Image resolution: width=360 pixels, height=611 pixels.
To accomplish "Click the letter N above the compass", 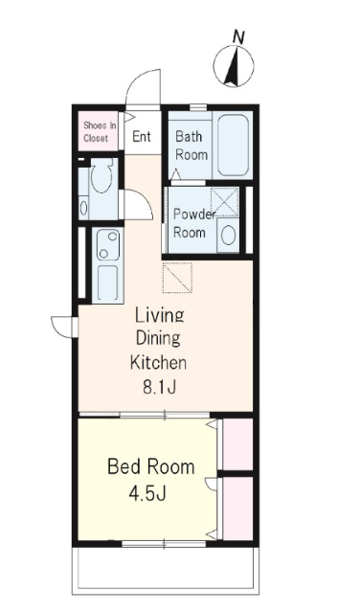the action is pyautogui.click(x=238, y=37).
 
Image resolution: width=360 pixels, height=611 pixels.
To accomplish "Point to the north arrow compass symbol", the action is pyautogui.click(x=234, y=66).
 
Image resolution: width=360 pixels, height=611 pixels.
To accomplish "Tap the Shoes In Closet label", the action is pyautogui.click(x=100, y=132).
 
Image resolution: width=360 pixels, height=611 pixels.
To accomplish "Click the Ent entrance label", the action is pyautogui.click(x=142, y=136).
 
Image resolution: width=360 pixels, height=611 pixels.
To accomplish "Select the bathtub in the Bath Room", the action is pyautogui.click(x=233, y=146).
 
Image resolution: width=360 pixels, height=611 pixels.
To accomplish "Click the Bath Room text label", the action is pyautogui.click(x=191, y=146).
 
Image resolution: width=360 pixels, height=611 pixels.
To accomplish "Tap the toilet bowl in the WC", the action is pyautogui.click(x=101, y=178).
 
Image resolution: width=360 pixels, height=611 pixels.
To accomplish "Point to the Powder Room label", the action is pyautogui.click(x=193, y=223).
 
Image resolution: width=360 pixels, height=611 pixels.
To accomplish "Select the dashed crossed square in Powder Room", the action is pyautogui.click(x=224, y=201).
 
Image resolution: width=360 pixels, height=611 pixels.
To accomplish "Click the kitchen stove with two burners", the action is pyautogui.click(x=108, y=244).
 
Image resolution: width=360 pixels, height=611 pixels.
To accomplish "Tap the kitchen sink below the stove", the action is pyautogui.click(x=107, y=283).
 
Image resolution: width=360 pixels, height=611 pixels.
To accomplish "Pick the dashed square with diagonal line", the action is pyautogui.click(x=177, y=277).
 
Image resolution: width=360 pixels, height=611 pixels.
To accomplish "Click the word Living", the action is pyautogui.click(x=159, y=315).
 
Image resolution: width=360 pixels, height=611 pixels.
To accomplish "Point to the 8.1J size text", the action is pyautogui.click(x=159, y=387).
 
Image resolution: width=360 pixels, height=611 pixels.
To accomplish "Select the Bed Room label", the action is pyautogui.click(x=150, y=466).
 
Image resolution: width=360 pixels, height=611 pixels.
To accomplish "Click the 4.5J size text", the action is pyautogui.click(x=147, y=493).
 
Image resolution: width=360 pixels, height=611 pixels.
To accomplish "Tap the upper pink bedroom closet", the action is pyautogui.click(x=237, y=444).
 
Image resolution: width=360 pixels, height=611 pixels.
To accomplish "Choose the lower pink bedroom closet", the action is pyautogui.click(x=237, y=509).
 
